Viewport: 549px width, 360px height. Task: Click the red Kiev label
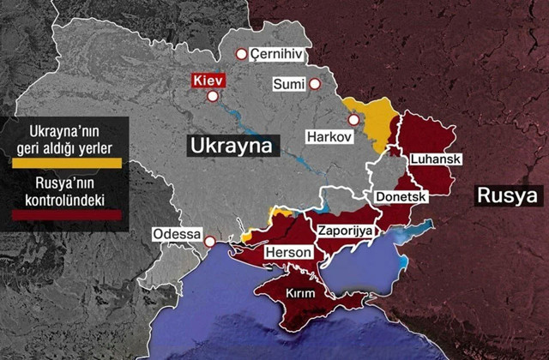coord(209,80)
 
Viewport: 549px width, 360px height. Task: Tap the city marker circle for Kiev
coord(213,97)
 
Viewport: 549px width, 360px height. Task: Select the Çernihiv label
coord(277,53)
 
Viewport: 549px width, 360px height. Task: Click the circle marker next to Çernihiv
coord(242,53)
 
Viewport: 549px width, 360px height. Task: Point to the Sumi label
coord(289,84)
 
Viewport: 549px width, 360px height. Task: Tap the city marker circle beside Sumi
coord(316,84)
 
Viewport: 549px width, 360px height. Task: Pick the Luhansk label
coord(437,159)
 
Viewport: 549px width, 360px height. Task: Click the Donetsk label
coord(401,196)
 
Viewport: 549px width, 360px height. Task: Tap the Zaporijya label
coord(344,231)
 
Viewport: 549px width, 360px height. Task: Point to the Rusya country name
coord(507,197)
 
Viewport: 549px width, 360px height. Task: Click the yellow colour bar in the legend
coord(63,162)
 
